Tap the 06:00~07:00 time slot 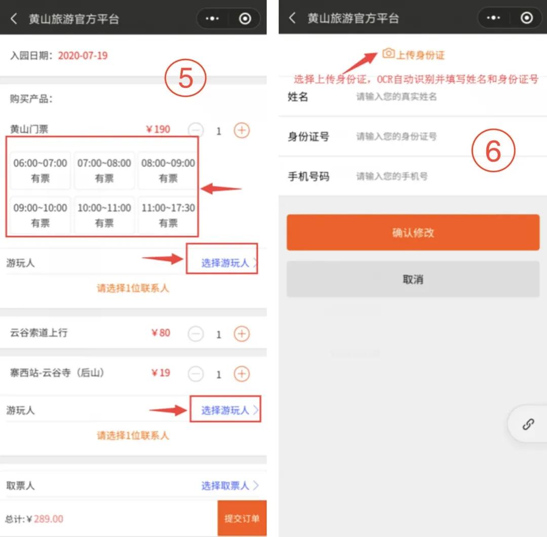[x=41, y=170]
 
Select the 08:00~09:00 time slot [x=168, y=170]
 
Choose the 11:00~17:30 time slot [x=168, y=215]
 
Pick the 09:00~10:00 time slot [x=41, y=215]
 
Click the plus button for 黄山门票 [x=242, y=131]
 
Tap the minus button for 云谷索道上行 [x=196, y=334]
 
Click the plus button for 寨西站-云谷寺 [x=242, y=374]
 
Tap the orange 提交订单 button [x=242, y=518]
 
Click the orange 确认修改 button [x=413, y=233]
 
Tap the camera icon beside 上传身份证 [x=388, y=53]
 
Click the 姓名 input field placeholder [x=396, y=96]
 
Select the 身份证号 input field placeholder [x=396, y=136]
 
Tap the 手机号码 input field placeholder [x=392, y=176]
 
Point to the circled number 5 [x=186, y=79]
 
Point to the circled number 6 [x=493, y=150]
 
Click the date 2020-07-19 [x=83, y=56]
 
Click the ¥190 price [x=158, y=130]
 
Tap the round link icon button [x=528, y=424]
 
